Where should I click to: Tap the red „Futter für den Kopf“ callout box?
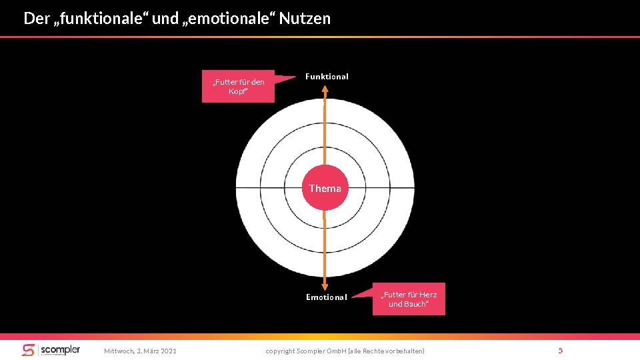tap(238, 87)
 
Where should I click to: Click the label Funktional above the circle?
tap(327, 77)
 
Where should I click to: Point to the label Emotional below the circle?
tap(326, 297)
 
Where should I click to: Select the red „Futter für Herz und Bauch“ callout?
tap(409, 299)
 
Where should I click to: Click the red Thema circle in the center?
tap(325, 189)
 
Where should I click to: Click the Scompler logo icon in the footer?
tap(28, 350)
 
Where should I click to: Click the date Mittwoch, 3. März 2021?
tap(140, 351)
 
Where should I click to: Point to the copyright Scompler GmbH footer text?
tap(345, 351)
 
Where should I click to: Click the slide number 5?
tap(561, 351)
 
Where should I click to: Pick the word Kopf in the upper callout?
tap(237, 92)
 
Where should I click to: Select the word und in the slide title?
tap(165, 19)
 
